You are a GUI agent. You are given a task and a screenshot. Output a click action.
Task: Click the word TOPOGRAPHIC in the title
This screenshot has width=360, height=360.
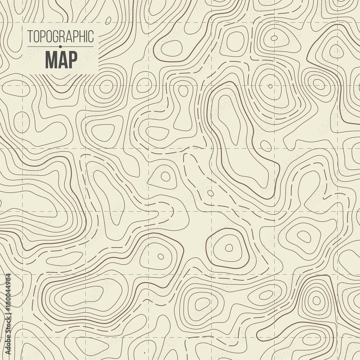point(60,36)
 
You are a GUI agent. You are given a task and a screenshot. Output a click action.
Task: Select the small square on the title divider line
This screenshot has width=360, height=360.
point(60,46)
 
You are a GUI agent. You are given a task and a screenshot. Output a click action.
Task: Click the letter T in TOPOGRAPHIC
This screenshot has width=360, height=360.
point(30,36)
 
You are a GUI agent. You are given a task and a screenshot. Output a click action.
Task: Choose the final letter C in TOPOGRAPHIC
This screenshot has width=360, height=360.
point(91,36)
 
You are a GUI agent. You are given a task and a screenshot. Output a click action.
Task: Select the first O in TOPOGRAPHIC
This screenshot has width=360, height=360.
point(36,36)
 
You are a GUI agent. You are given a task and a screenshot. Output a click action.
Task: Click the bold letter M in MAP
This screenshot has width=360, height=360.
point(51,59)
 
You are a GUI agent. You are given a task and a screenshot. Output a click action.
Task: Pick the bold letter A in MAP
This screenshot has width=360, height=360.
point(62,59)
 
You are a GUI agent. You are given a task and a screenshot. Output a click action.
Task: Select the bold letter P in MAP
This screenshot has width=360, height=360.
point(72,59)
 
